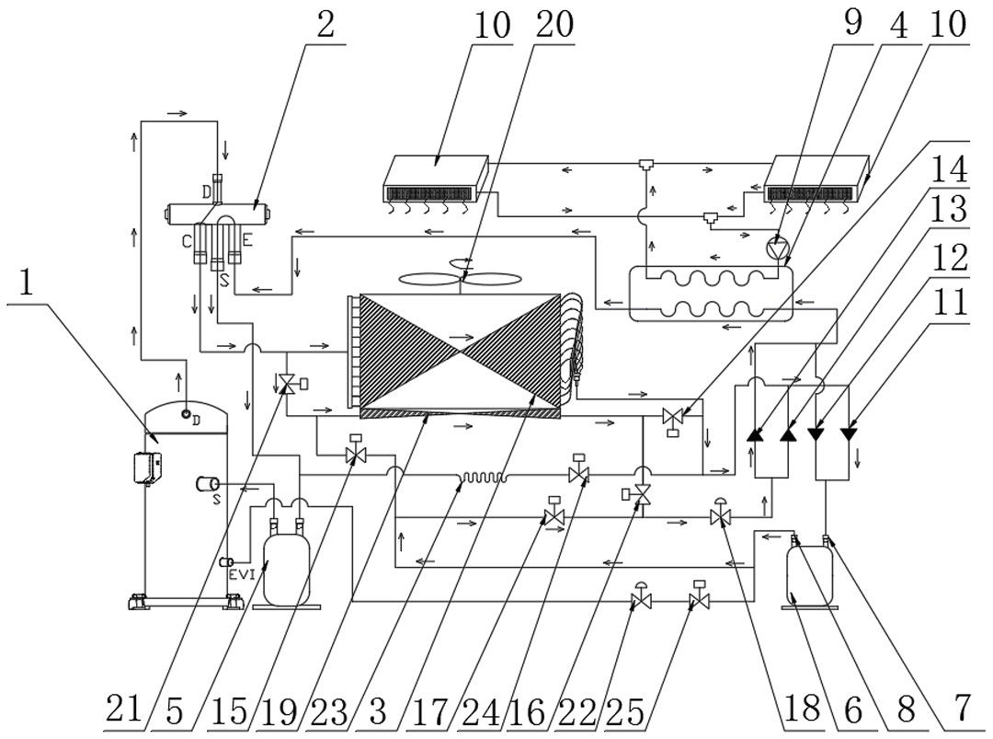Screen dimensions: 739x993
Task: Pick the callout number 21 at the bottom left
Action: [122, 710]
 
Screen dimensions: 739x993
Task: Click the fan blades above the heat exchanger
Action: [460, 279]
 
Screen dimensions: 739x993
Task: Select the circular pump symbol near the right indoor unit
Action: [778, 247]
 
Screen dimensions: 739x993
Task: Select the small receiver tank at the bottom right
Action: [810, 576]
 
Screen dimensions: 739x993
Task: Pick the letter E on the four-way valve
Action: [246, 241]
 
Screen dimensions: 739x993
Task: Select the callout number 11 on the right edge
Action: [949, 304]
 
